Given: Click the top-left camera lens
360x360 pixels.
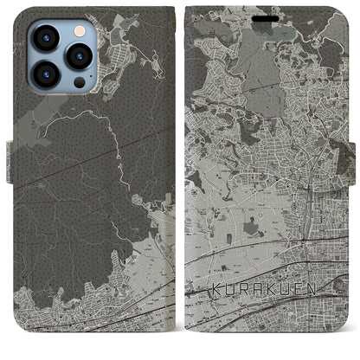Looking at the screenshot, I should (45, 37).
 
